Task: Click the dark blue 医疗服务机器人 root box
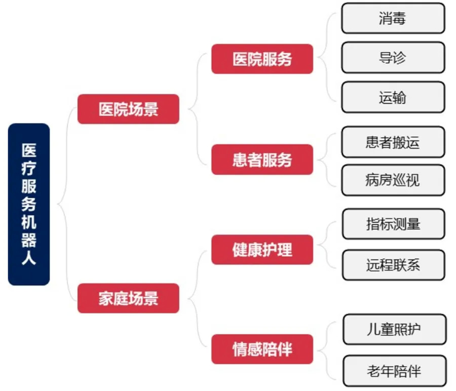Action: click(x=29, y=204)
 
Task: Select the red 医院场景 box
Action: click(x=128, y=109)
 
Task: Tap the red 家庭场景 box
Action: click(x=128, y=298)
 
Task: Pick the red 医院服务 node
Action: click(x=262, y=59)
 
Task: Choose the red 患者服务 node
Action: click(x=262, y=160)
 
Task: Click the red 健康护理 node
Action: click(x=262, y=250)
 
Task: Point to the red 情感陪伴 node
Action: click(x=262, y=349)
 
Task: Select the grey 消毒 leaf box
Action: click(x=393, y=18)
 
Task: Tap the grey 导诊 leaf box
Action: click(x=393, y=58)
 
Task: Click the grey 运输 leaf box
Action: click(x=393, y=97)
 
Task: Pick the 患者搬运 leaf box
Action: click(x=393, y=142)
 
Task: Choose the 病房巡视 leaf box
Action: click(x=393, y=180)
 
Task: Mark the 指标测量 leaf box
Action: click(x=394, y=224)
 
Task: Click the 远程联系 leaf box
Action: click(x=394, y=265)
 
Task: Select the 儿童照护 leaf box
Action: click(x=395, y=329)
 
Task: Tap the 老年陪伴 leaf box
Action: click(x=395, y=371)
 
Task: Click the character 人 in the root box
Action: click(x=29, y=257)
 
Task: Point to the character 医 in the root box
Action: click(x=29, y=150)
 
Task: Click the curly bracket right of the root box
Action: click(x=66, y=204)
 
